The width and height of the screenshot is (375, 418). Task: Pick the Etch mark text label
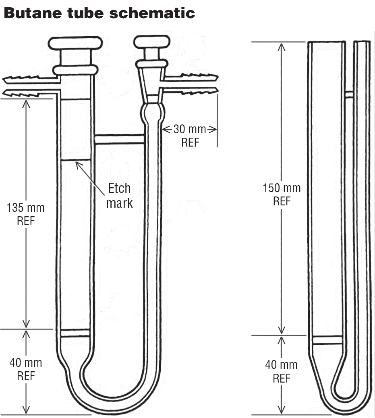click(x=119, y=196)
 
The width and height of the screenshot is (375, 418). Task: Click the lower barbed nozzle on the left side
click(x=24, y=93)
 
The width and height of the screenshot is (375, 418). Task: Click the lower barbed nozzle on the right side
click(x=193, y=91)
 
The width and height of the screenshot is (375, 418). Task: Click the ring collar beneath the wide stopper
click(x=75, y=70)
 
